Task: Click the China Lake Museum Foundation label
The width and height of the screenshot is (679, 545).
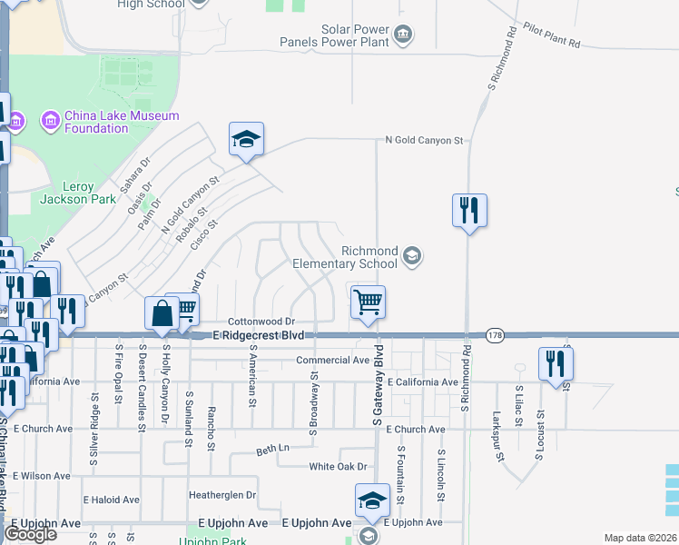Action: point(122,122)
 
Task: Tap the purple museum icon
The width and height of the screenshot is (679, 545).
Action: point(49,120)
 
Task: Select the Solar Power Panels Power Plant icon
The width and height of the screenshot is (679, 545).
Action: point(404,35)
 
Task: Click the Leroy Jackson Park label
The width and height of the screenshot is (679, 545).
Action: point(78,193)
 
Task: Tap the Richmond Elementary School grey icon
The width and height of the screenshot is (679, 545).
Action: point(413,256)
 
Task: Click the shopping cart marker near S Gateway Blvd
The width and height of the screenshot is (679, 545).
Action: point(368,302)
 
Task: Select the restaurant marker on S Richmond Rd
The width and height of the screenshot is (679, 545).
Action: point(469,211)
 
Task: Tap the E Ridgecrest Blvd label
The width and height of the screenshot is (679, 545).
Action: point(258,336)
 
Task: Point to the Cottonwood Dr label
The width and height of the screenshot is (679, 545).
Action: point(261,322)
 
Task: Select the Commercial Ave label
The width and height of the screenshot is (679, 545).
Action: point(333,361)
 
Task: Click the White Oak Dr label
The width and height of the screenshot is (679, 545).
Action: point(337,467)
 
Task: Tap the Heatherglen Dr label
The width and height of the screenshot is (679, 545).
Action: point(222,495)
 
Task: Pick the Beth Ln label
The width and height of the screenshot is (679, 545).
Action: point(271,450)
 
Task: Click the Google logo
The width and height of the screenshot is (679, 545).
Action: point(30,534)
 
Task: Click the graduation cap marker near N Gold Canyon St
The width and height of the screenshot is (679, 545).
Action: point(246,140)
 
